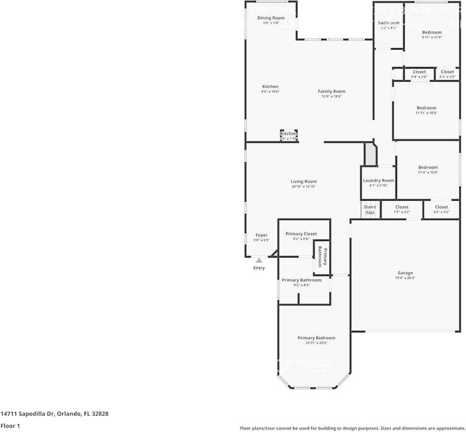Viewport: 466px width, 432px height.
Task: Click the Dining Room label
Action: (271, 18)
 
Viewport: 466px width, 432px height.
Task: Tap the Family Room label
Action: (331, 91)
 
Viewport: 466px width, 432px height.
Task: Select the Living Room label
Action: (304, 182)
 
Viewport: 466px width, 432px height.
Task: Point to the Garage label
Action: (405, 273)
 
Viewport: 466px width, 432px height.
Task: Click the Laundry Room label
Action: (379, 181)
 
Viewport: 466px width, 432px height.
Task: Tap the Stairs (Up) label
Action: (370, 210)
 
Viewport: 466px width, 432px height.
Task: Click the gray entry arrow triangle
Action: (259, 260)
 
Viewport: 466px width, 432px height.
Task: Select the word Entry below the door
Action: (259, 268)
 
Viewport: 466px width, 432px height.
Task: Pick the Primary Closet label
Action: (301, 234)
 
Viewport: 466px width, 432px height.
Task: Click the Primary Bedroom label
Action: (316, 338)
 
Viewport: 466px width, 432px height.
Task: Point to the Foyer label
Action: (261, 235)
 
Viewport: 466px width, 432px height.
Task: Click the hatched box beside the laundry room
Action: (370, 154)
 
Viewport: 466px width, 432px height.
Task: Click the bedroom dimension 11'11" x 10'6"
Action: (426, 113)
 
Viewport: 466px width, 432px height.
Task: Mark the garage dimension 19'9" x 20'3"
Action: (405, 278)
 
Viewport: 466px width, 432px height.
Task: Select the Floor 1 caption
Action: (10, 425)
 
